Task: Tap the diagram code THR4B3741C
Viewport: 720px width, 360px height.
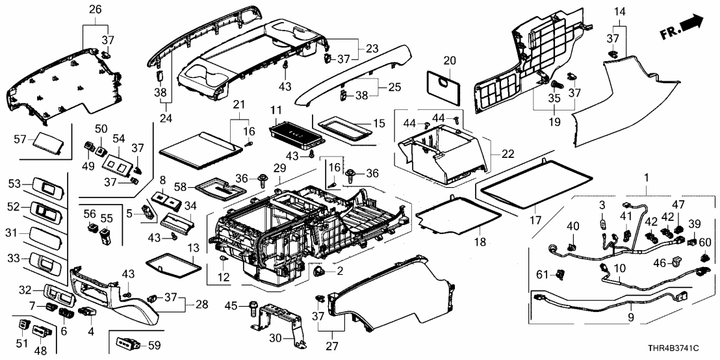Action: coord(683,352)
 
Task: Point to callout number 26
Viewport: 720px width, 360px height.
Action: coord(95,9)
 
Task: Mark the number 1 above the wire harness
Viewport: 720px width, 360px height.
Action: coord(646,177)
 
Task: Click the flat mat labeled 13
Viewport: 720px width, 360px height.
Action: coord(170,266)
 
